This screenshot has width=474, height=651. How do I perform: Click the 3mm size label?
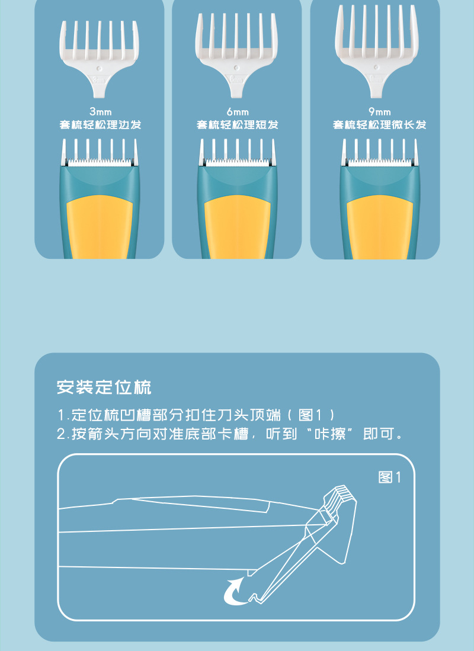[x=100, y=111]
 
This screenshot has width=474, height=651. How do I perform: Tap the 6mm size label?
[x=237, y=111]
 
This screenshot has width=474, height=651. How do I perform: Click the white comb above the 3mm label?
[x=100, y=53]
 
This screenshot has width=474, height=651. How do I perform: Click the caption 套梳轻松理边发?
[x=100, y=125]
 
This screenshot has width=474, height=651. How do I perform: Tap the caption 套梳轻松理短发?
[x=237, y=125]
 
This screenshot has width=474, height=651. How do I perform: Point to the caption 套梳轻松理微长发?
[x=379, y=125]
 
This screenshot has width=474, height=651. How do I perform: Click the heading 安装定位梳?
[x=104, y=388]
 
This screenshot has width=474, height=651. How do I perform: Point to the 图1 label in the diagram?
[x=390, y=477]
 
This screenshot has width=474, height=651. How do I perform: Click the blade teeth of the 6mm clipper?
[x=237, y=161]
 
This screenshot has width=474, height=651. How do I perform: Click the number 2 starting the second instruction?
[x=61, y=434]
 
